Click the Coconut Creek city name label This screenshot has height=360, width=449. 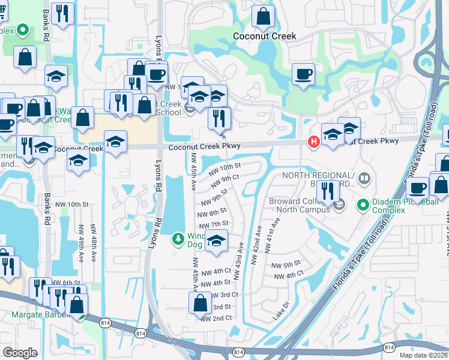pos(264,36)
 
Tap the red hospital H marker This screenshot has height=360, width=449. pos(313,142)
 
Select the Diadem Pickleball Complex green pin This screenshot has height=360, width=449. pos(363,205)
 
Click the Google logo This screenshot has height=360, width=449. pos(20,353)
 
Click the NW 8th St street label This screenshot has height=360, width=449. pos(212,211)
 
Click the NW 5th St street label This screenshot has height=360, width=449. pos(286,265)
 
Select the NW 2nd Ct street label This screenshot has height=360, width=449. pos(216,318)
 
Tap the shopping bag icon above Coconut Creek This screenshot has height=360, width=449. pos(263,17)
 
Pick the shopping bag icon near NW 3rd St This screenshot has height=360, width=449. pos(200,303)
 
